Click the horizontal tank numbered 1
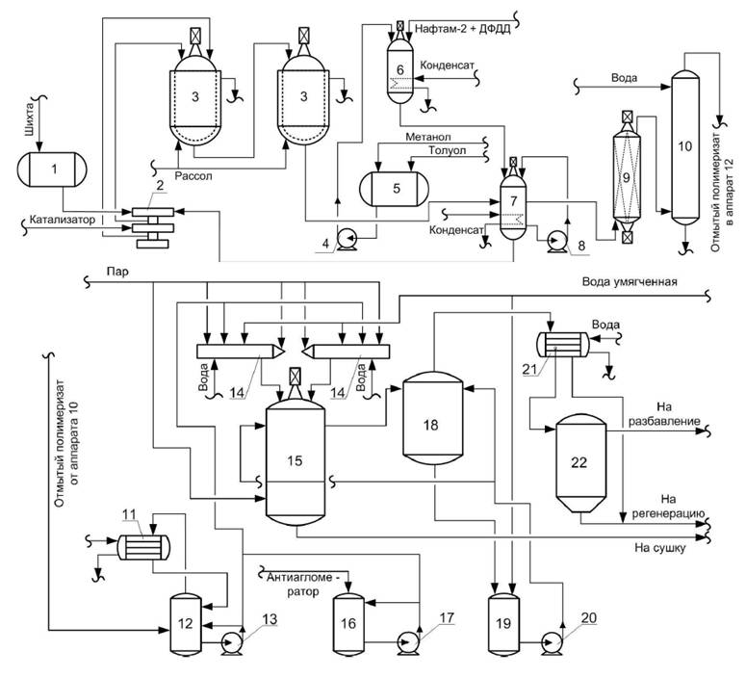(53, 169)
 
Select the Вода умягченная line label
(630, 282)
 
